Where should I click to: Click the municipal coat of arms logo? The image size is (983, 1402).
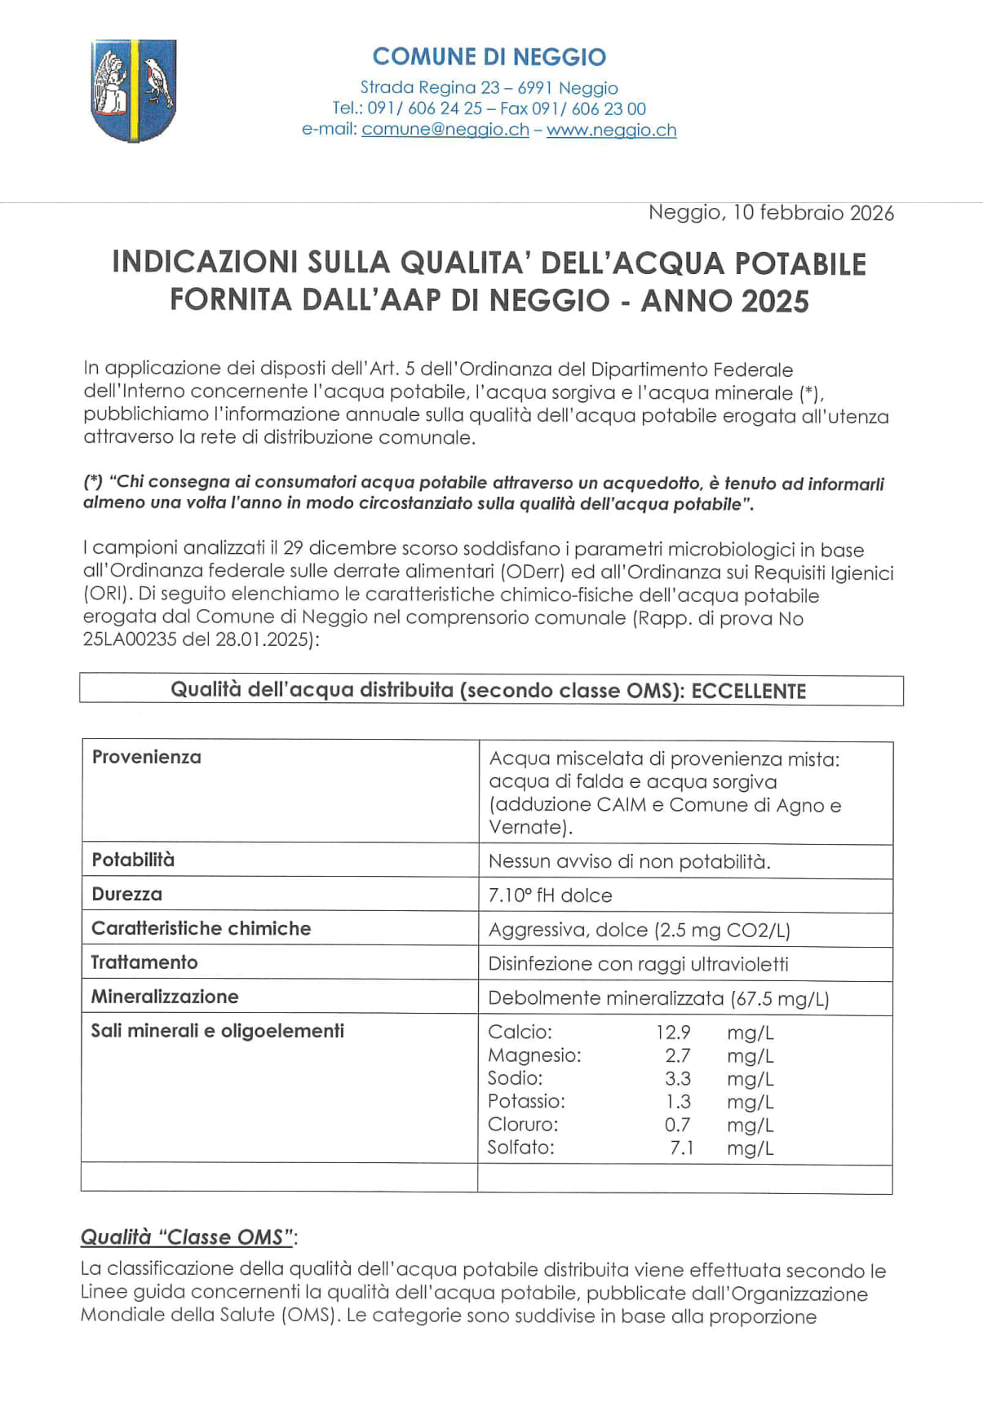[133, 90]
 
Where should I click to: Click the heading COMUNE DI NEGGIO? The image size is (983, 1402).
[489, 57]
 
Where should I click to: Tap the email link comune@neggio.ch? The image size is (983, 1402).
[445, 130]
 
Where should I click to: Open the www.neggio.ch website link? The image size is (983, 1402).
[611, 130]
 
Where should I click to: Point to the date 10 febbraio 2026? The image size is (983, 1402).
[813, 213]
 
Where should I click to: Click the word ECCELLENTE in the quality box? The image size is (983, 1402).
[748, 692]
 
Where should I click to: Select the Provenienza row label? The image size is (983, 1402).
[147, 757]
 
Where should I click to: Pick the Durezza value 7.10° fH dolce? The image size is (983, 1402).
[551, 896]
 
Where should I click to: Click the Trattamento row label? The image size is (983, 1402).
[144, 962]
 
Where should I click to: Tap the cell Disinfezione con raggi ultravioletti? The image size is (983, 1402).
[638, 964]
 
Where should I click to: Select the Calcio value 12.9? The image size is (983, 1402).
[673, 1033]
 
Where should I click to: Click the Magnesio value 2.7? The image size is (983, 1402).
[677, 1055]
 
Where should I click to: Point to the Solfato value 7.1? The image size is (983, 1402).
[681, 1148]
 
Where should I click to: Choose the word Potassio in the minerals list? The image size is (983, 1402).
[526, 1101]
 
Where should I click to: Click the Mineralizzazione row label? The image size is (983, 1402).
[165, 997]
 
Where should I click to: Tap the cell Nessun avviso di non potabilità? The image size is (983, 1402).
[629, 861]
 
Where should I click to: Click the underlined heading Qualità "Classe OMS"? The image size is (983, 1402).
[187, 1237]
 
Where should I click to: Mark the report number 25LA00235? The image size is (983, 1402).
[130, 639]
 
